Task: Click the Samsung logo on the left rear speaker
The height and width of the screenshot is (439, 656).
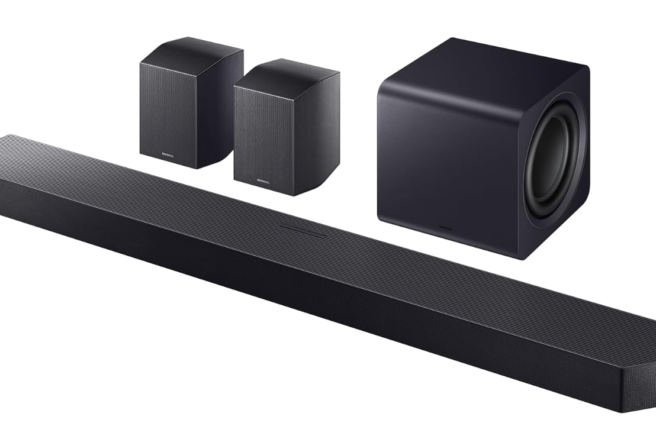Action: pos(168,156)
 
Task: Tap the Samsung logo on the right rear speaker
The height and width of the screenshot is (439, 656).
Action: pos(262,181)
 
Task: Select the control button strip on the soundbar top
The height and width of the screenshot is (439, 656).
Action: pos(303,230)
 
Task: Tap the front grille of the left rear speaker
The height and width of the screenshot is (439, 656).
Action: pos(166,112)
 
